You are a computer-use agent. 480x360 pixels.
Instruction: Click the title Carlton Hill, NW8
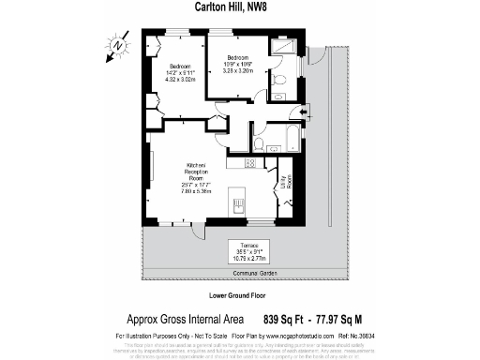click(239, 7)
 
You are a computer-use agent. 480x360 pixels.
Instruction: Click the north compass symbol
click(116, 44)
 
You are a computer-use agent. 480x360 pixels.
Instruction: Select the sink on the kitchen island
click(237, 203)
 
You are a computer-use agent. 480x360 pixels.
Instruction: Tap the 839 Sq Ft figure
click(287, 319)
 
